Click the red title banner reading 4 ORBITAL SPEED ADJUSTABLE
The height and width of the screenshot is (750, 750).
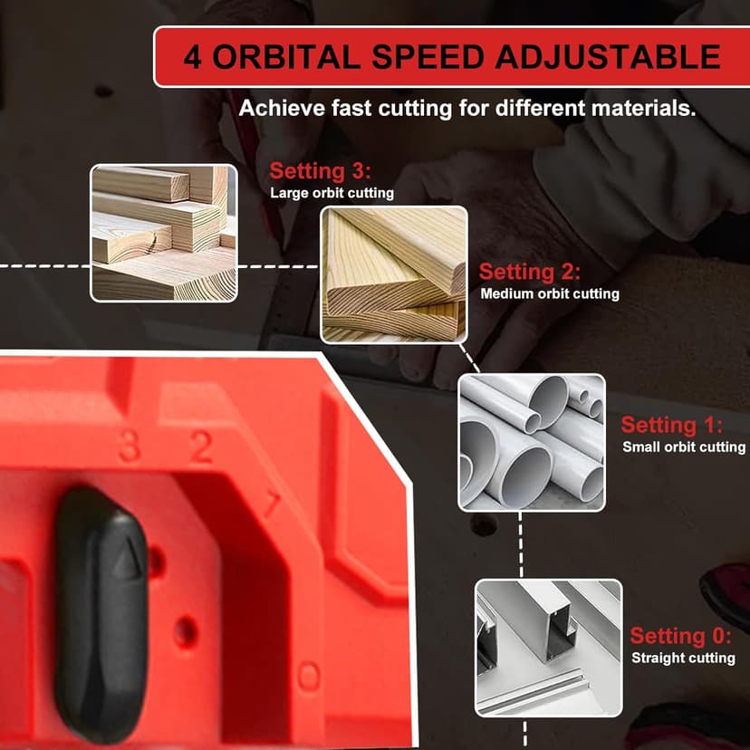point(452,56)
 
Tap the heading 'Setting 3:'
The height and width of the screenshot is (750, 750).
point(321,171)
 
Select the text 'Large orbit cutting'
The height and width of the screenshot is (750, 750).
point(332,193)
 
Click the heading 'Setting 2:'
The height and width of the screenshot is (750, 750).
point(530,272)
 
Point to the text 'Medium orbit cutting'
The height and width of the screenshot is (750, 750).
point(550,293)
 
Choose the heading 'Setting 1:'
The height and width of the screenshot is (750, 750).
point(672,425)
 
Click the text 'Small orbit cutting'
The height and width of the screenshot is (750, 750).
point(684,447)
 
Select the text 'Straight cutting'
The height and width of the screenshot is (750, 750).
point(683,658)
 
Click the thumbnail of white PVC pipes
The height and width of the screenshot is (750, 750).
point(531,442)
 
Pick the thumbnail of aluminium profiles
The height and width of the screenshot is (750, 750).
point(549,648)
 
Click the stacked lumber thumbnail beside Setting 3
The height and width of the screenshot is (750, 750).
point(164,232)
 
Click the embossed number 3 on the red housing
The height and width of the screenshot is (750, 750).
point(130,447)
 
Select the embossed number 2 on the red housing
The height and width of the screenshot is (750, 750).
point(201,447)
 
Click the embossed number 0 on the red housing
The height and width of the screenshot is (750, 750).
point(310,676)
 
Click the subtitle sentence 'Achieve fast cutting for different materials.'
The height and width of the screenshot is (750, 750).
point(467,109)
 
